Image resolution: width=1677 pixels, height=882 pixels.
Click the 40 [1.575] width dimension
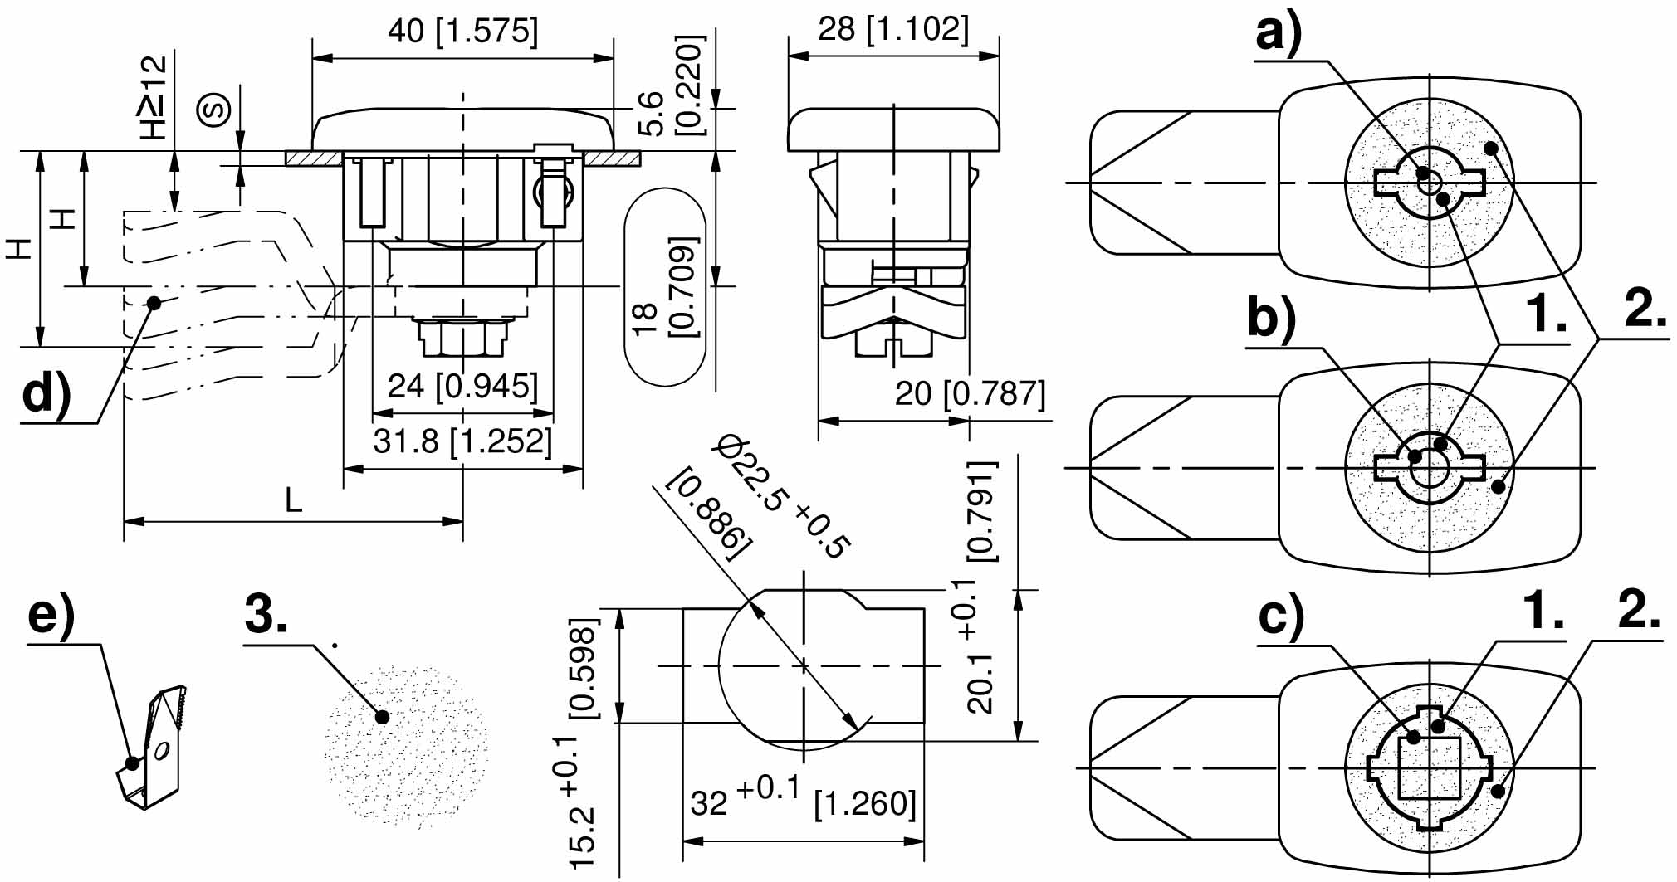coord(462,32)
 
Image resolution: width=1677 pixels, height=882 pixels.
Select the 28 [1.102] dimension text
coord(893,29)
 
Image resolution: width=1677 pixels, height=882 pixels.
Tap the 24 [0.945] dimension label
coord(462,386)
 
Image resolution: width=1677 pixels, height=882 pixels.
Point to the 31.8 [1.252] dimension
coord(462,441)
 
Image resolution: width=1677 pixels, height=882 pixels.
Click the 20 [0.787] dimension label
coord(970,392)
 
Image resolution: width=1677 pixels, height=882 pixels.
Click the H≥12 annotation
coord(154,97)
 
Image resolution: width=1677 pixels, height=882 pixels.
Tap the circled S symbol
coord(214,110)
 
